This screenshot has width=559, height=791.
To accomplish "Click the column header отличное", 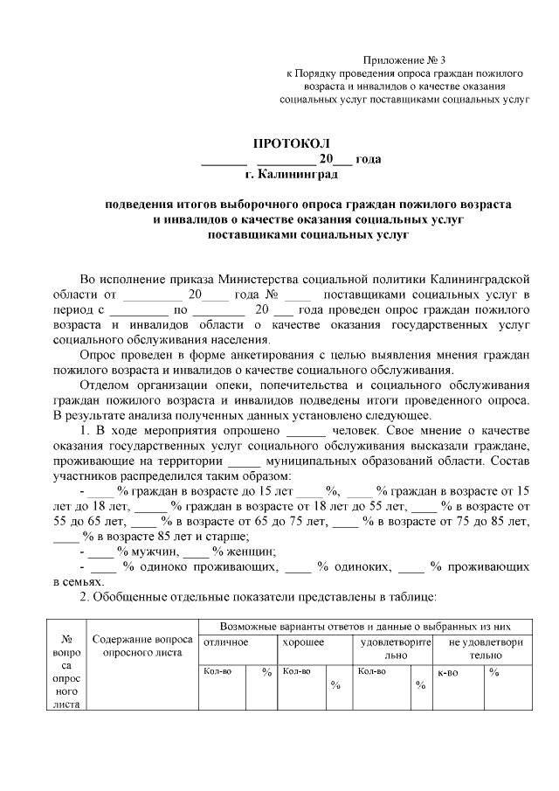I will pos(225,642).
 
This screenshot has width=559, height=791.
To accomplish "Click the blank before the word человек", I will pos(305,432).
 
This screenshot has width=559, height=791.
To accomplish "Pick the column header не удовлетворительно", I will pos(485,648).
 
